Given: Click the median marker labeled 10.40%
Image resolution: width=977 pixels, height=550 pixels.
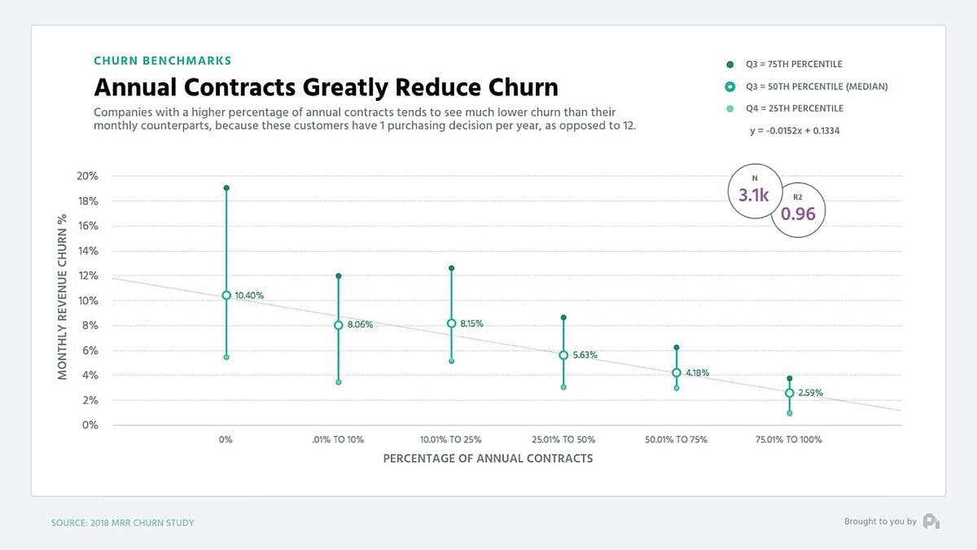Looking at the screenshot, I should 226,296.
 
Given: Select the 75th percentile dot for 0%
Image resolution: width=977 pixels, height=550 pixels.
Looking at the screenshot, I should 226,188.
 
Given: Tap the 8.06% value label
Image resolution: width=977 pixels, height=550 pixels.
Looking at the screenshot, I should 360,324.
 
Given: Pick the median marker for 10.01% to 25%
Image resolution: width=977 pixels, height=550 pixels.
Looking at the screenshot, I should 451,323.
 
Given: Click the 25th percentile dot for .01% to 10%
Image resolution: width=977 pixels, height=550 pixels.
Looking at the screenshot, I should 339,382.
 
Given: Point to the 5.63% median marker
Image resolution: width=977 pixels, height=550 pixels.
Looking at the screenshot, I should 563,355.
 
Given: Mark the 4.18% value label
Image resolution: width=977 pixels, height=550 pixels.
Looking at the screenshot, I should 696,373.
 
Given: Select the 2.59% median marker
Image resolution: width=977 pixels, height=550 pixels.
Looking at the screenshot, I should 789,393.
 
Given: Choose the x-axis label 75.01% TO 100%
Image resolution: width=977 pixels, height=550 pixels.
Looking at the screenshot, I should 789,440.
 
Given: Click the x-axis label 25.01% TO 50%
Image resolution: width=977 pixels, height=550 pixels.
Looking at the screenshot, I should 563,440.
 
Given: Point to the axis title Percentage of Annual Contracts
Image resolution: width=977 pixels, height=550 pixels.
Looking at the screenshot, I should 488,459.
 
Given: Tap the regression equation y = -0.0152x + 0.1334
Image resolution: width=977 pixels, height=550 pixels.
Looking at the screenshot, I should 795,130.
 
